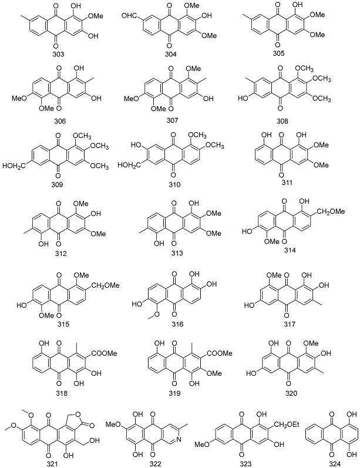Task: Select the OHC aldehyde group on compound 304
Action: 133,25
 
